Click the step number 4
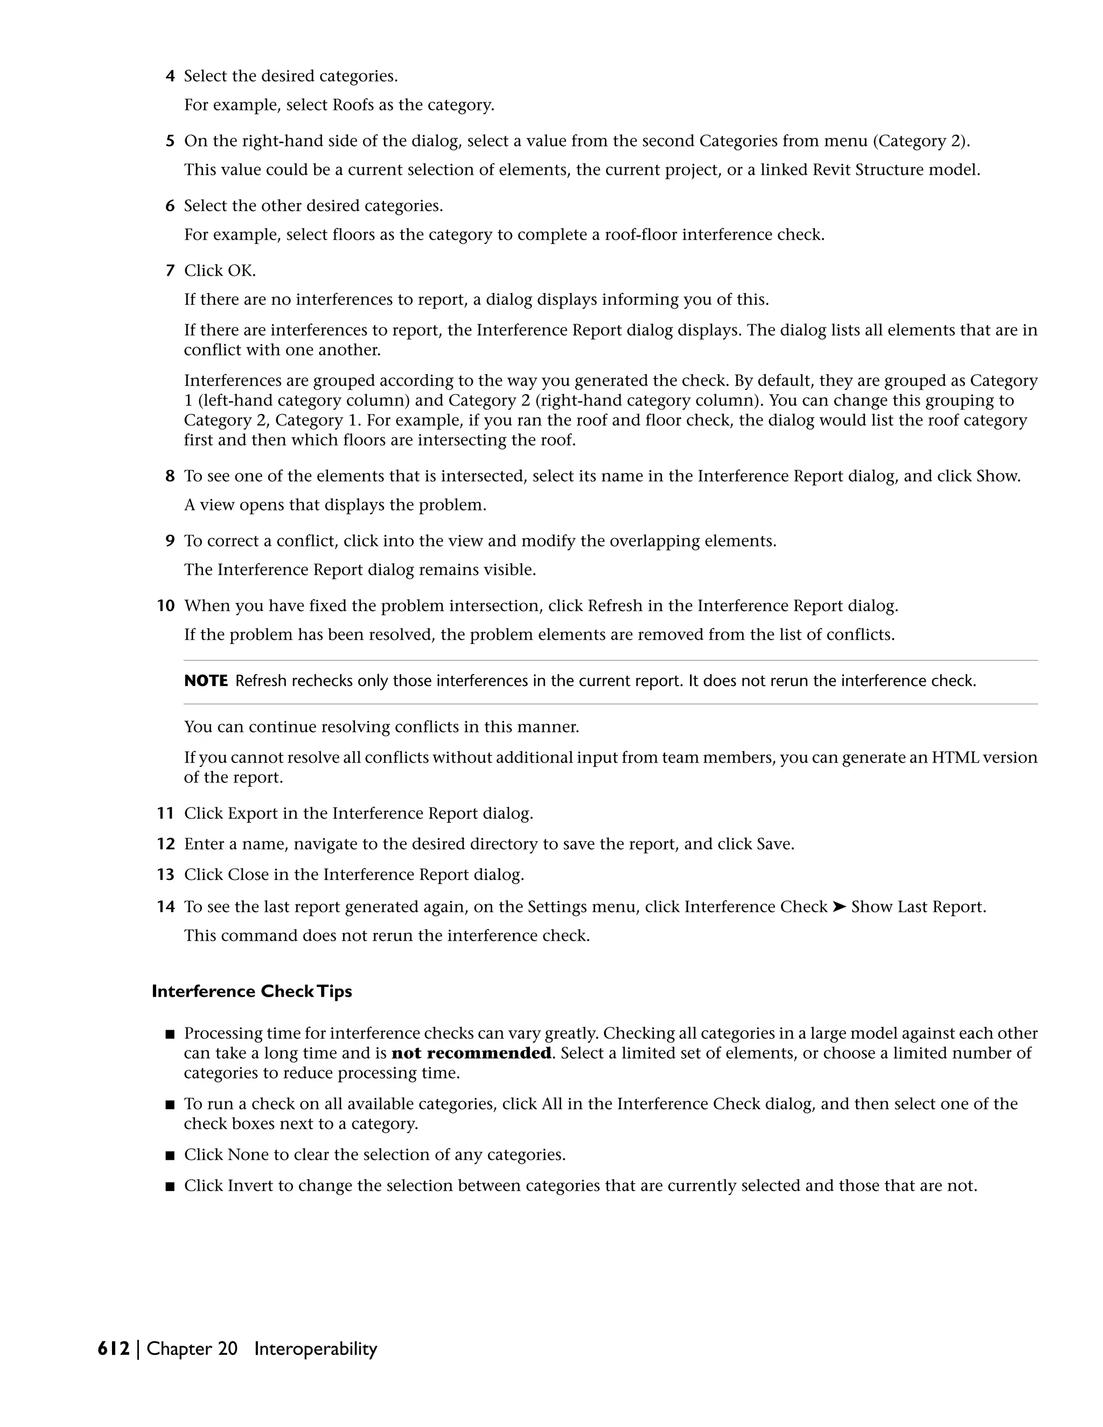[x=170, y=76]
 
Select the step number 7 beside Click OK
[x=170, y=270]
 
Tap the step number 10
[x=166, y=606]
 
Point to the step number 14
[x=166, y=907]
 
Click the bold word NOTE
[x=206, y=681]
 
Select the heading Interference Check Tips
[x=252, y=991]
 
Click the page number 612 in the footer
[x=114, y=1348]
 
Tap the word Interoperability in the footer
[x=316, y=1348]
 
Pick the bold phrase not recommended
[x=471, y=1053]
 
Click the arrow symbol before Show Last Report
[x=839, y=907]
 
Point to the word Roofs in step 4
[x=353, y=105]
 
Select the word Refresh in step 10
[x=615, y=606]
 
